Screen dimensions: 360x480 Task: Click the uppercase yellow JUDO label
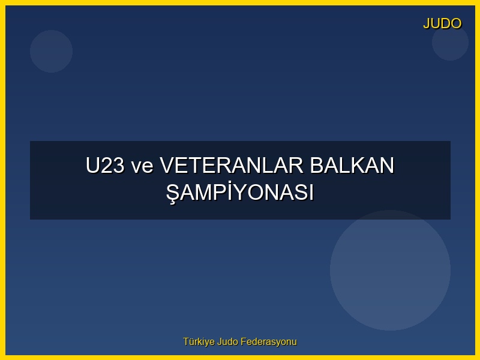coord(442,23)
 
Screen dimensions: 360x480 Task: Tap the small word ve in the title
coord(143,166)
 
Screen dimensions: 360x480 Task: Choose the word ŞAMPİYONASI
coord(240,193)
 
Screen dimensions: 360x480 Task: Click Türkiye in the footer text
coord(199,342)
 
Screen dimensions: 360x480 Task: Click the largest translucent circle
coord(390,270)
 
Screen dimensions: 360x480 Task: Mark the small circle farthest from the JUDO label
coord(51,51)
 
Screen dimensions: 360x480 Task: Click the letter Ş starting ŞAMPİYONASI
coord(173,193)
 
